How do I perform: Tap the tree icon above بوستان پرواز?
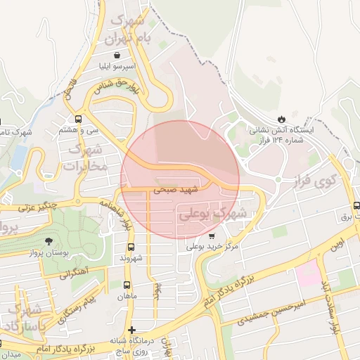click(48, 241)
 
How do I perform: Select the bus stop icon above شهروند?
click(131, 247)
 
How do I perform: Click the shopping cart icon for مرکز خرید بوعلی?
click(212, 236)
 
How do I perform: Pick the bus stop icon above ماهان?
click(127, 285)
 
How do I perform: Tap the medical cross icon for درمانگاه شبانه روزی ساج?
click(131, 330)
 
